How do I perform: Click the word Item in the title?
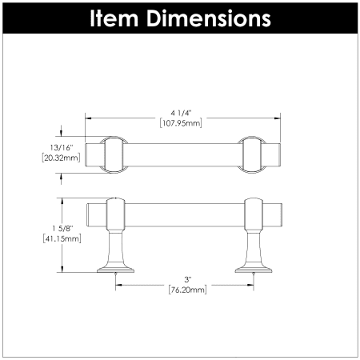(x=114, y=18)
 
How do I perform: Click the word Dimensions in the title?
(x=209, y=18)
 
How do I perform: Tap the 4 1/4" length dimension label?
(x=182, y=114)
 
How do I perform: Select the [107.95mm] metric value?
(x=181, y=123)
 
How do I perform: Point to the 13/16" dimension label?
(x=62, y=147)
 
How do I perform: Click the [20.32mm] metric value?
(x=61, y=158)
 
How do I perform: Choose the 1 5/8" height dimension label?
(x=62, y=228)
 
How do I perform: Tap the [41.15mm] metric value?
(x=62, y=238)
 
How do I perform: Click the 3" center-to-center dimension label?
(x=188, y=279)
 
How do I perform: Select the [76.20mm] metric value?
(x=188, y=290)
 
